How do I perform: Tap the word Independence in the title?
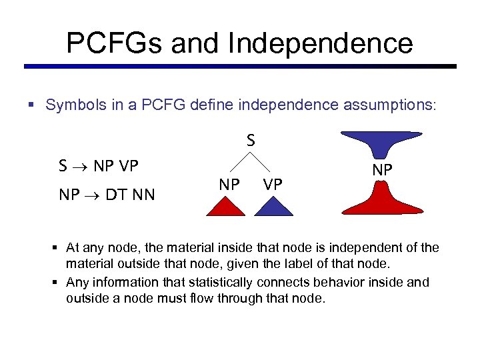(320, 43)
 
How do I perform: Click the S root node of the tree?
(251, 141)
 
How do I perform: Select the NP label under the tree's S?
(229, 185)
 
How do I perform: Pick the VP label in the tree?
(272, 185)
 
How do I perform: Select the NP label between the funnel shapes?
(382, 171)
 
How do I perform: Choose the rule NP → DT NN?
(107, 195)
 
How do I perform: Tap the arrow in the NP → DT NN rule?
(92, 195)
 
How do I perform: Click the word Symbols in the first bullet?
(71, 105)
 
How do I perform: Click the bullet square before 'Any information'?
(55, 283)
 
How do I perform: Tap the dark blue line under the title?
(240, 67)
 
